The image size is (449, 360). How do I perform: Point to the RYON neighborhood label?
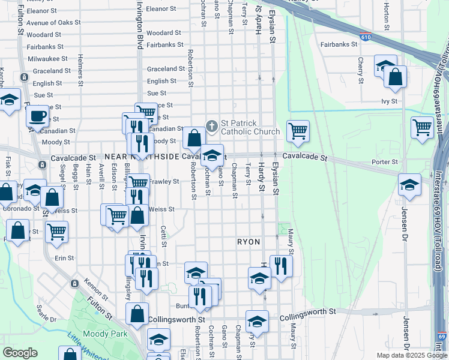(x=249, y=242)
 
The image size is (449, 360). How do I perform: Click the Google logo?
(x=20, y=353)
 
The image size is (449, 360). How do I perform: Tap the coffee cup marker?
(x=38, y=115)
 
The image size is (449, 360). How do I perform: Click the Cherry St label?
(x=361, y=70)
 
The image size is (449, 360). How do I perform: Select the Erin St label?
(x=64, y=258)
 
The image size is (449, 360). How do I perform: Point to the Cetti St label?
(x=163, y=235)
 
